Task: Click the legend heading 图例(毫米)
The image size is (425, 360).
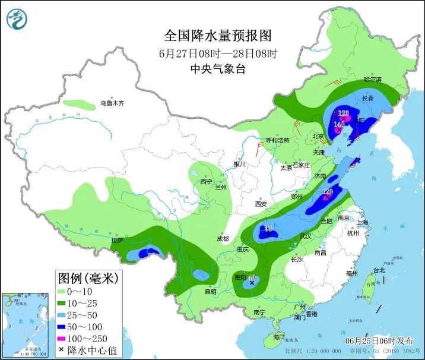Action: point(88,277)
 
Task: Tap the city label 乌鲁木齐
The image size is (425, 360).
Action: point(113,103)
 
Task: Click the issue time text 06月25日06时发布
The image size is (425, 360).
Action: point(379,341)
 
